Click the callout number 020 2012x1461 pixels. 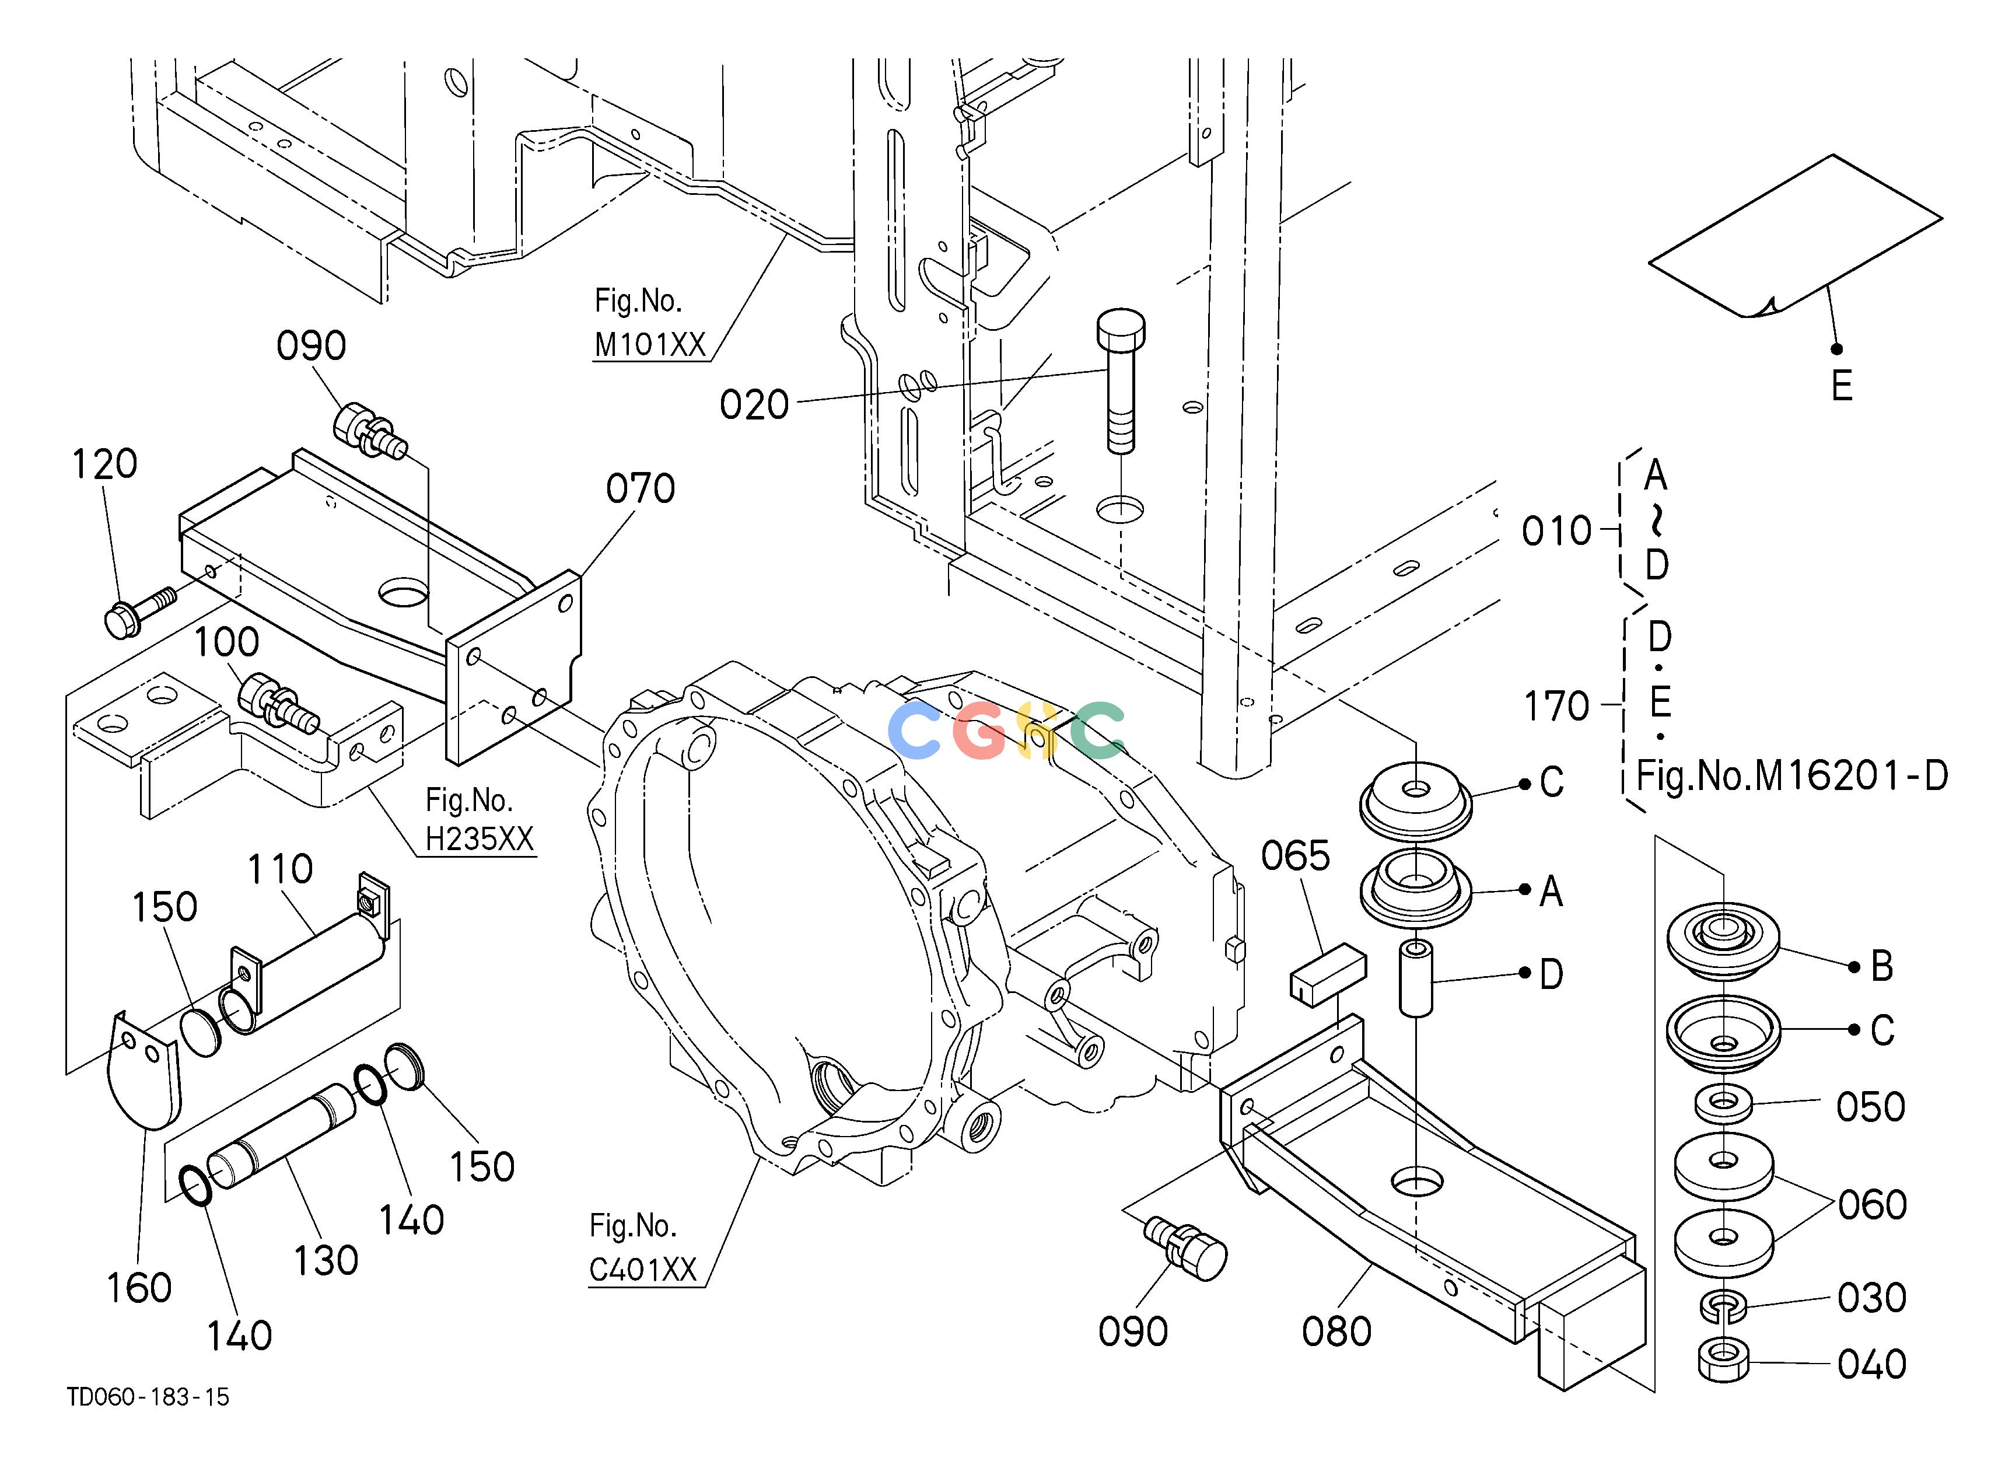(754, 406)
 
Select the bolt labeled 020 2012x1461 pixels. (1121, 382)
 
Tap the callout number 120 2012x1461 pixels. (104, 464)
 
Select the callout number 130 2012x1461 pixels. (326, 1260)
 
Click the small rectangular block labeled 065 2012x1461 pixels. (1327, 975)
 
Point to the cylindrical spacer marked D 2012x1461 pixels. (1416, 979)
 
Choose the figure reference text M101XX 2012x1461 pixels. (650, 344)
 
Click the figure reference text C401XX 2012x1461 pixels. (643, 1270)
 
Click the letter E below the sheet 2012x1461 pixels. (1842, 386)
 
